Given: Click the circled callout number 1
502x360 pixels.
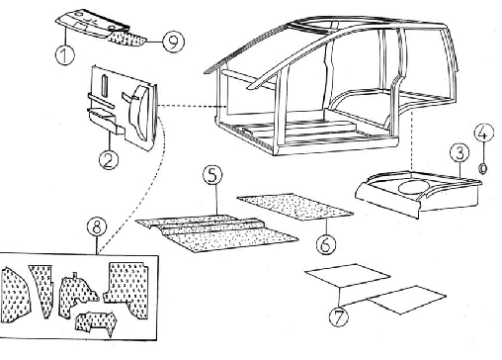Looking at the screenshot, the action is click(65, 54).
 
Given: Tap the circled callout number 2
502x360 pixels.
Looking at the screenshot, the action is click(109, 160).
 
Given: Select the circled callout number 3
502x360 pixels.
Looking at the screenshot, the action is click(460, 153).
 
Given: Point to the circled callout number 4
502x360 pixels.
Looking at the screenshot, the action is click(484, 133).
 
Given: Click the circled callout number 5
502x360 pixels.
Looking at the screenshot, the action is click(212, 175).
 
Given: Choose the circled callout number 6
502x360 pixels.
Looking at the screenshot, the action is click(326, 244).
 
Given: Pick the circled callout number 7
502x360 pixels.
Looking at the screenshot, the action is click(339, 316).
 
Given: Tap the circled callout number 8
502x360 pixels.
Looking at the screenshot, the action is click(97, 227).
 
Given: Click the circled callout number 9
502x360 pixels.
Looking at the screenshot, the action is click(173, 42).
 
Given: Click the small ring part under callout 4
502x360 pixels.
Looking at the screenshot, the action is click(483, 169).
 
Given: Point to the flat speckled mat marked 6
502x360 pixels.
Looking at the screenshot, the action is click(294, 207).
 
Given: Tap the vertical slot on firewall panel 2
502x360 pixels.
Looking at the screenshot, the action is click(104, 86).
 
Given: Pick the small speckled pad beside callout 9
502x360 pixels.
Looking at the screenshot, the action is click(127, 39).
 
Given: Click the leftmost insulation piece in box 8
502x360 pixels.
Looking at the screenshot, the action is click(16, 294).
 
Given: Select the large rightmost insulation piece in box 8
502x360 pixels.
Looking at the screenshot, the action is click(127, 289).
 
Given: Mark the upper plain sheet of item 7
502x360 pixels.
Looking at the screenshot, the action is click(348, 275).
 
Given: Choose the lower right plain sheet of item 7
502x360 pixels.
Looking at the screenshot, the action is click(407, 300).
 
